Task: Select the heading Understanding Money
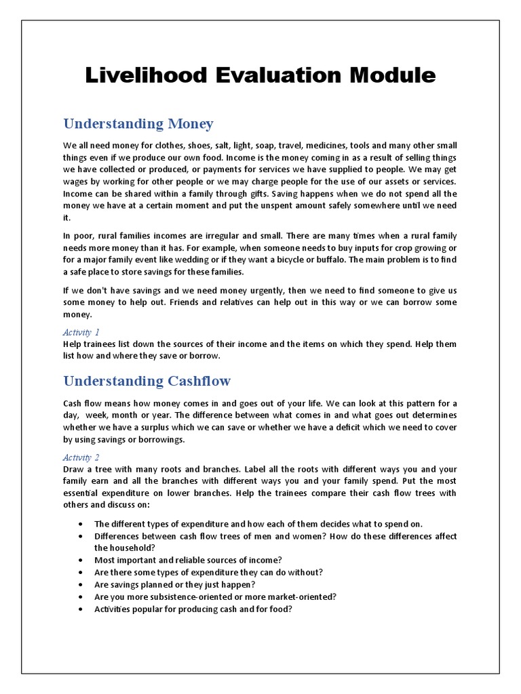click(138, 124)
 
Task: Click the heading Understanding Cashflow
click(147, 381)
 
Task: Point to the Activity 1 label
click(81, 332)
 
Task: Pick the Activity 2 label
click(81, 458)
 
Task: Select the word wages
click(76, 182)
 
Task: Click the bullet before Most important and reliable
click(81, 560)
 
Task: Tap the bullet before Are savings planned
click(81, 584)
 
